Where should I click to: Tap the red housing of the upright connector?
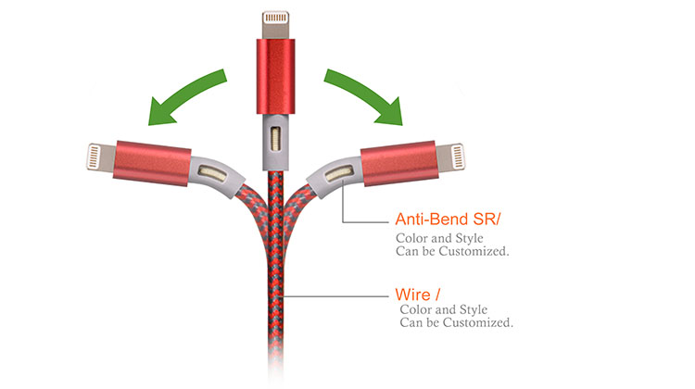pos(275,76)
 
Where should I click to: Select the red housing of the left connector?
pos(152,163)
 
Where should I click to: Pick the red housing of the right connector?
pos(399,163)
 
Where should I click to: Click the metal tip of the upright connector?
pos(276,25)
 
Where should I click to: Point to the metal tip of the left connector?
pos(101,157)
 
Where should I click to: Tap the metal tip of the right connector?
pos(450,157)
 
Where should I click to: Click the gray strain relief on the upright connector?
pos(275,142)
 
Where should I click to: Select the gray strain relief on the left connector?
pos(215,174)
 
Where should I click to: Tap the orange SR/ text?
pos(486,220)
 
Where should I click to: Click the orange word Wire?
pos(412,295)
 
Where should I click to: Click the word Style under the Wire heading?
pos(474,309)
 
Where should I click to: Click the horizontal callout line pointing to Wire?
pos(335,296)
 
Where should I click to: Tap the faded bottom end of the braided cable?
pos(275,370)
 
